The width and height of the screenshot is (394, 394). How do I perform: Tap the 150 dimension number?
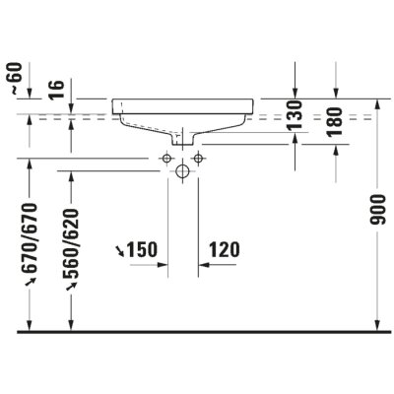point(144,251)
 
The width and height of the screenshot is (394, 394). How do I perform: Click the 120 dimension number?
point(225,251)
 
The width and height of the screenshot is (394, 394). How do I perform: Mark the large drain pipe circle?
point(182,171)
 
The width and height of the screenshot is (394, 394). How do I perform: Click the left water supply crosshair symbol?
point(166,158)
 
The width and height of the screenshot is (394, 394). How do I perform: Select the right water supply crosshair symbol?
point(198,158)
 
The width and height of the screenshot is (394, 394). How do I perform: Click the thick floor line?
point(197,332)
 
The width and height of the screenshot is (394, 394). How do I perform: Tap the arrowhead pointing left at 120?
point(204,264)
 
